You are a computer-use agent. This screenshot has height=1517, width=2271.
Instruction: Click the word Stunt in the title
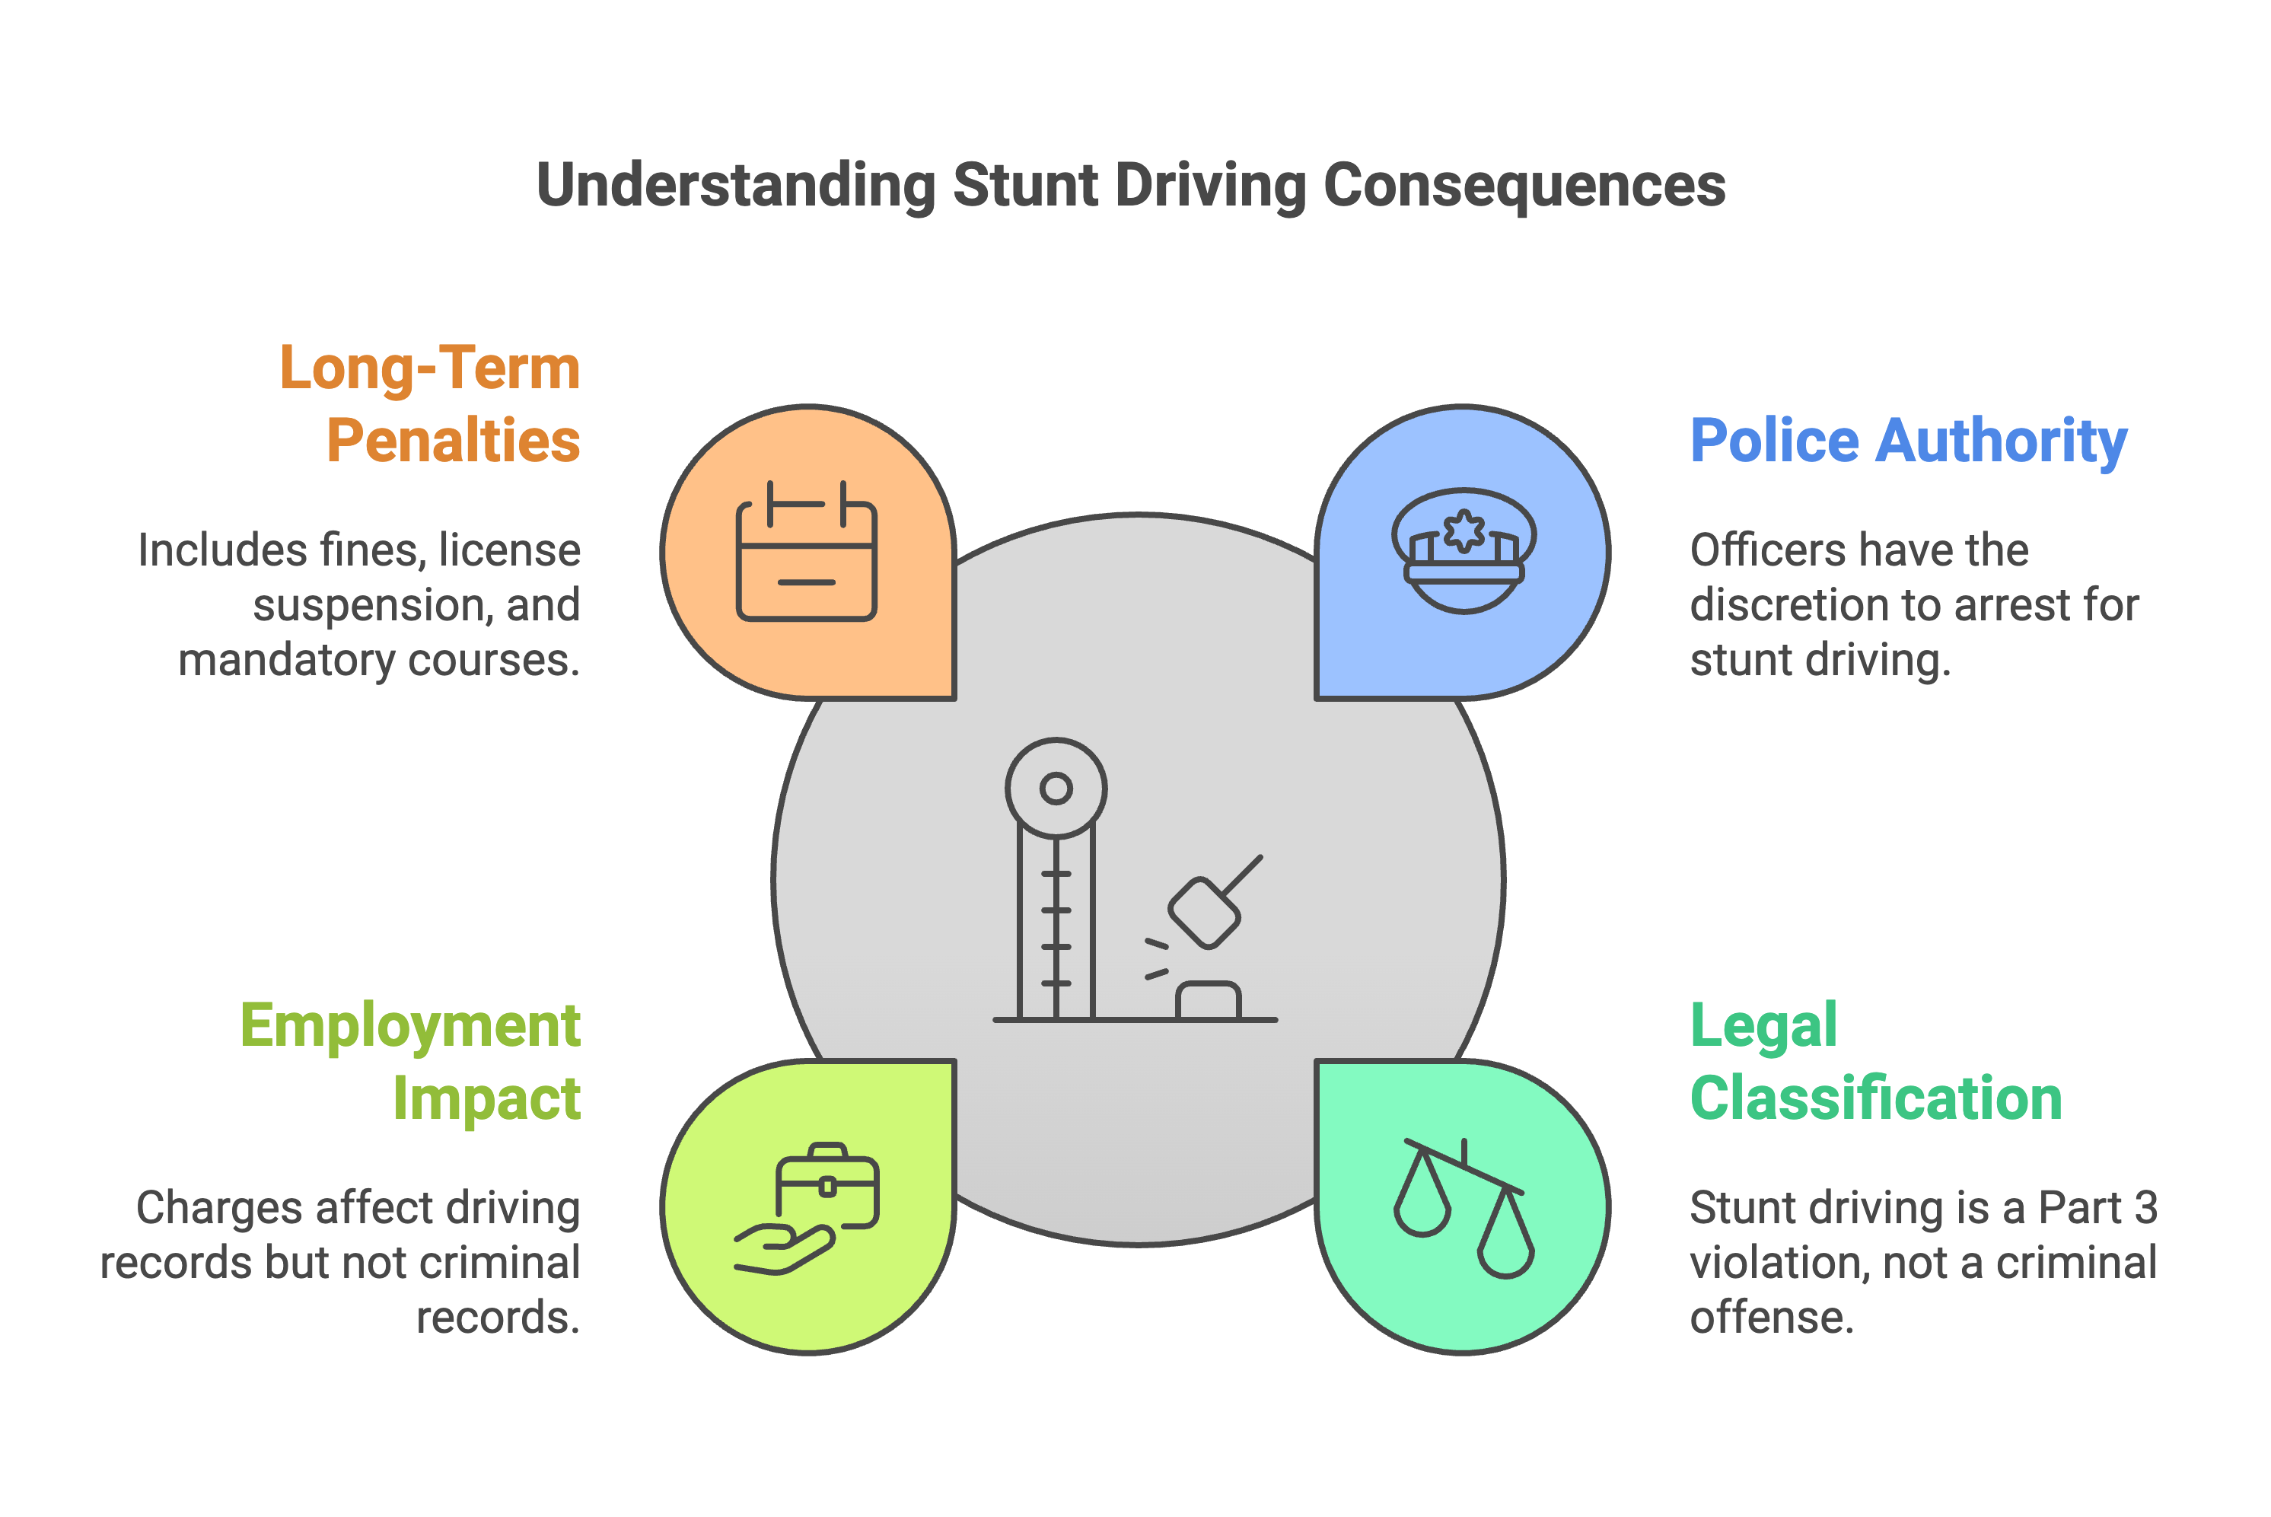coord(1025,185)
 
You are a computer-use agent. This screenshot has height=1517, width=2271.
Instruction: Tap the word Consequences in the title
coord(1524,185)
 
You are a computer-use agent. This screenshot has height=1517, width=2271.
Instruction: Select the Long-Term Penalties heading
coord(431,403)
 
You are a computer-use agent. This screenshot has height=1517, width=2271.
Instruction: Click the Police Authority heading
coord(1908,441)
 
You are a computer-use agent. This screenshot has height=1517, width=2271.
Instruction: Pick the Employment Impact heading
coord(411,1061)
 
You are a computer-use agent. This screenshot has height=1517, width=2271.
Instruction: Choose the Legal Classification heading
coord(1875,1061)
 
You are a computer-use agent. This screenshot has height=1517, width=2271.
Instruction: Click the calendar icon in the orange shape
coord(806,550)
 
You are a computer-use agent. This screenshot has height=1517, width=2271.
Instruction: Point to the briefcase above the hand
coord(827,1185)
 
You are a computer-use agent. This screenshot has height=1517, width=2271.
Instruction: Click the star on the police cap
coord(1464,531)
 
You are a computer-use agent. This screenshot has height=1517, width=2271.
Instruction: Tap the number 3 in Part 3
coord(2145,1207)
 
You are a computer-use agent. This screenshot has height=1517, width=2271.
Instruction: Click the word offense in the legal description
coord(1771,1318)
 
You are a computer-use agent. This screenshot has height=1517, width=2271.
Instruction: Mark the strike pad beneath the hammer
coord(1207,1000)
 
